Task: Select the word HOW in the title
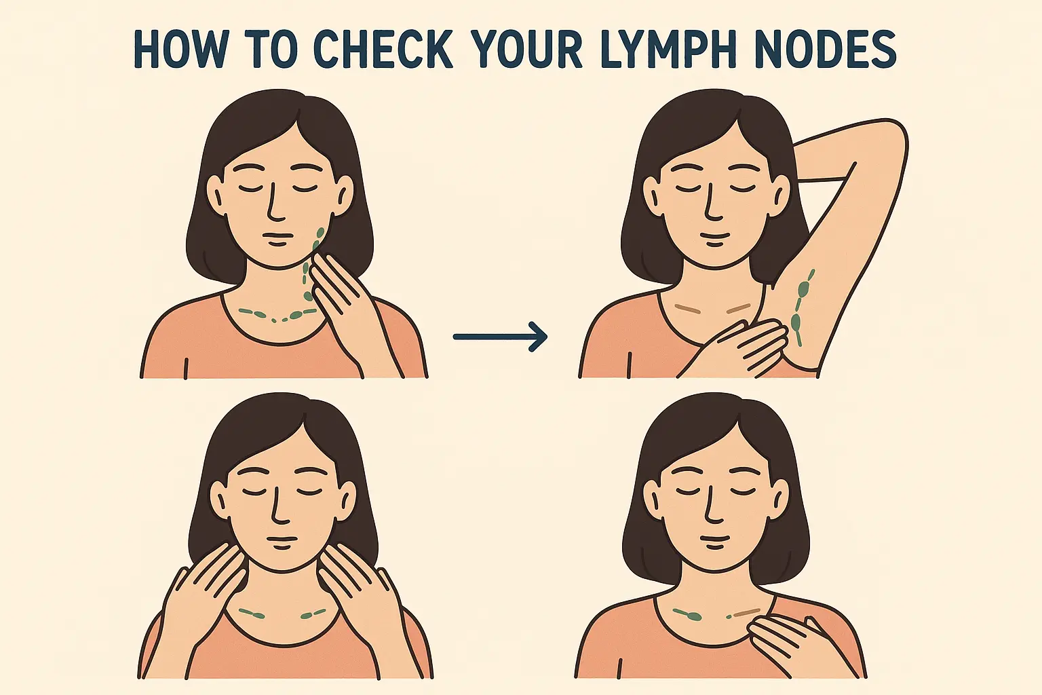tap(179, 50)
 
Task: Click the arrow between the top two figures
tap(500, 336)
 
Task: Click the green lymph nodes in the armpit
tap(802, 307)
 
